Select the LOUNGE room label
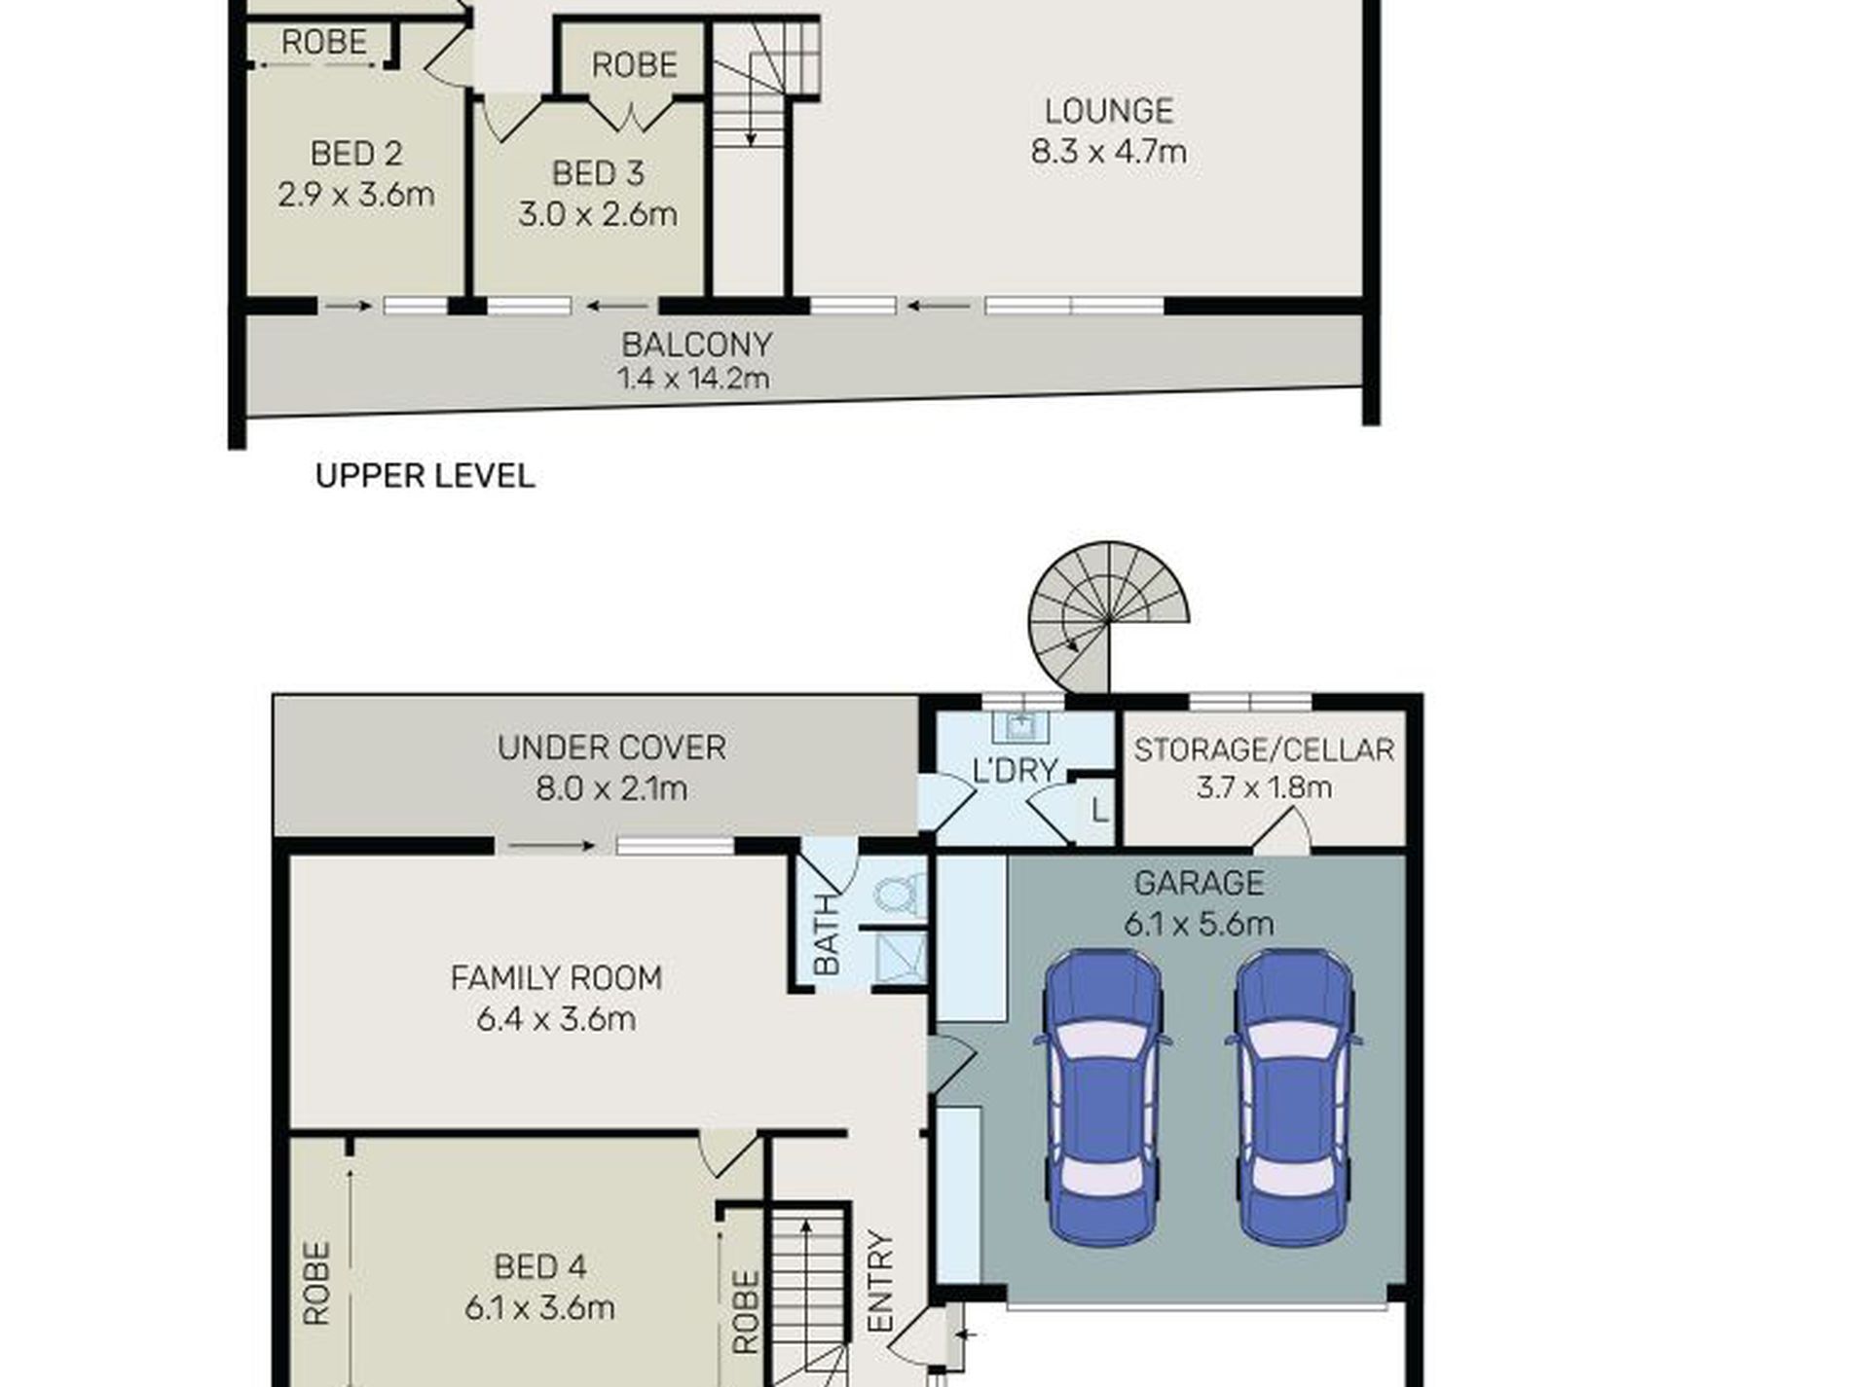[x=1108, y=111]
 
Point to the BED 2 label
[x=355, y=154]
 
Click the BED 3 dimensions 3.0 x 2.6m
[x=597, y=214]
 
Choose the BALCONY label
[x=696, y=345]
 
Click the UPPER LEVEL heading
[x=425, y=476]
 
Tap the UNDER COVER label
[x=611, y=748]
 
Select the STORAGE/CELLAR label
[x=1264, y=749]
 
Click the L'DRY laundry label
[x=1015, y=771]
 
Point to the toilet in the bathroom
[x=900, y=894]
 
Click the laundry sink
[x=1018, y=725]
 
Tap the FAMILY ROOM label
[x=556, y=977]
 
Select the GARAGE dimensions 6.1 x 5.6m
[x=1199, y=923]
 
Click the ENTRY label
[x=880, y=1282]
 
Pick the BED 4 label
[x=539, y=1266]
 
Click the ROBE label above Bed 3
[x=634, y=65]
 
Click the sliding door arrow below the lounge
[x=939, y=307]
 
